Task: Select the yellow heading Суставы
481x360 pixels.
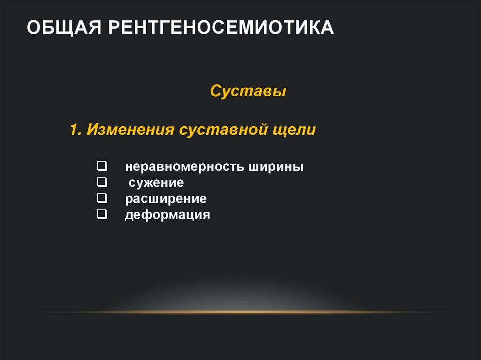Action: pos(248,91)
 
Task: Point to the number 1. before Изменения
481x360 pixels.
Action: pos(76,130)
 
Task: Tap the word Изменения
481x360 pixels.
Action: pos(131,130)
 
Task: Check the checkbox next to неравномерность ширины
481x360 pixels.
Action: pos(101,166)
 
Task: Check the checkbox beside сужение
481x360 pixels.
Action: pos(101,182)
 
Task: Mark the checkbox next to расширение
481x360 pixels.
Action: pos(101,199)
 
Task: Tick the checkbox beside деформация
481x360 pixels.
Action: pos(101,215)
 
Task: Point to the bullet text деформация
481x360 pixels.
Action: pos(167,216)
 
